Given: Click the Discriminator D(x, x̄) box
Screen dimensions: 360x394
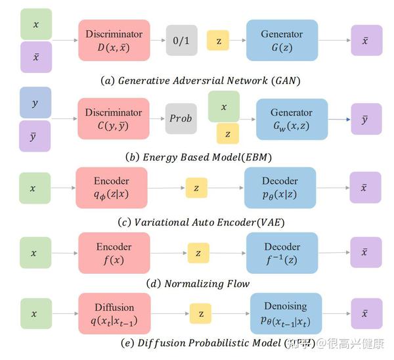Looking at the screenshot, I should tap(114, 41).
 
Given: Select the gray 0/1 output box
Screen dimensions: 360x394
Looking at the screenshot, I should tap(181, 41).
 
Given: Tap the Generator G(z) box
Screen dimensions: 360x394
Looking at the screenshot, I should tap(282, 41).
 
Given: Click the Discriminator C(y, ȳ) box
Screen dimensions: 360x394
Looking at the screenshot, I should tap(114, 119).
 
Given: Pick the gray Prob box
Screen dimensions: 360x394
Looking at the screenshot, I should tap(181, 119).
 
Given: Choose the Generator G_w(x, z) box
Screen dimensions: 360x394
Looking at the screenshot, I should tap(292, 119).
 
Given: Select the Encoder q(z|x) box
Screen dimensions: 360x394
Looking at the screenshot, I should tap(111, 187).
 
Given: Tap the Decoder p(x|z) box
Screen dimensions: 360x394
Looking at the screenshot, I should tap(280, 187).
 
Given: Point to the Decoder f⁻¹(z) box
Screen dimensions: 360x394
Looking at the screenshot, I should tap(282, 253).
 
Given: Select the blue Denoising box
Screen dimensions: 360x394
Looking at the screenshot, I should tap(286, 313).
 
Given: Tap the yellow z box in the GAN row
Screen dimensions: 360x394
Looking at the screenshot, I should tap(218, 41).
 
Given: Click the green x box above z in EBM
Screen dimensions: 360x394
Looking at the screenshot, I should tap(224, 106).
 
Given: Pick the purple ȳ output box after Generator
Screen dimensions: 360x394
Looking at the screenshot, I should tap(366, 119).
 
